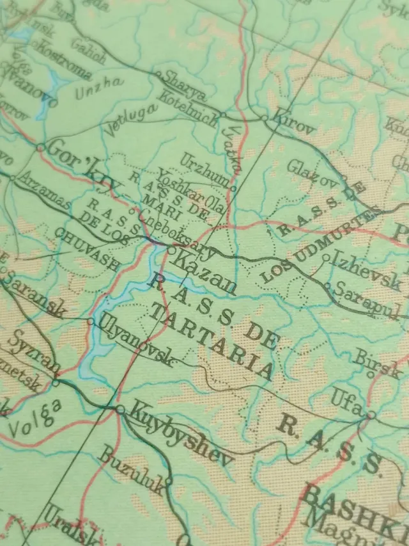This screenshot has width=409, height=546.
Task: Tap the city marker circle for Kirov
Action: [x=264, y=118]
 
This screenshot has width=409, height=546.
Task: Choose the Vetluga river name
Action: [x=131, y=119]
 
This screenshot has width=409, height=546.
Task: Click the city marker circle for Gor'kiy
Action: [x=40, y=148]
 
